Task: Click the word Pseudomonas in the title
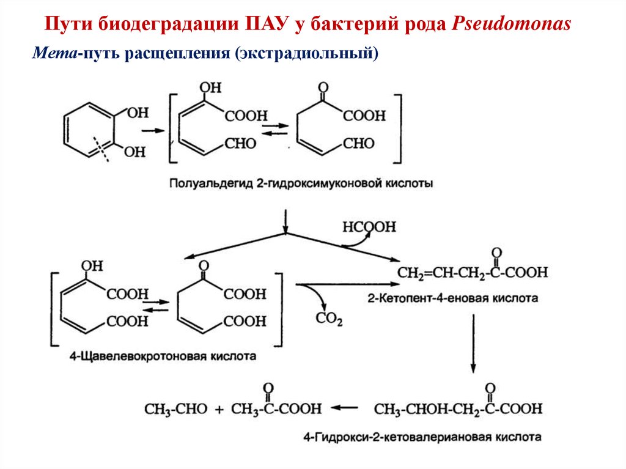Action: [512, 24]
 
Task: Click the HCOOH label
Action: [369, 227]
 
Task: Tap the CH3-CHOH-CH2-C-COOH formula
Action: [458, 408]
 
